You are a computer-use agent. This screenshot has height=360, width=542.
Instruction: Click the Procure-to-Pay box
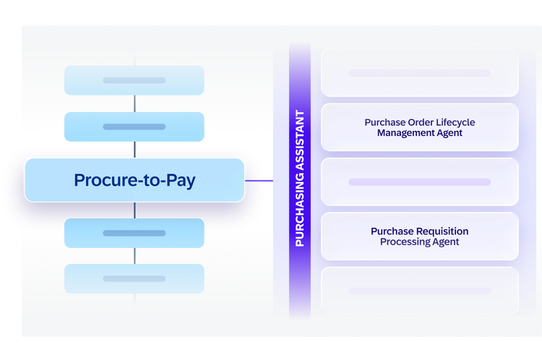(135, 180)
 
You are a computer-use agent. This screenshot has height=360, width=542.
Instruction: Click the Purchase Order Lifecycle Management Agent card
(420, 127)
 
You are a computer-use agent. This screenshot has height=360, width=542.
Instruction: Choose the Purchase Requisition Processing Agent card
(420, 236)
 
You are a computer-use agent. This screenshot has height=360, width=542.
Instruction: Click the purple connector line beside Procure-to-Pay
(259, 181)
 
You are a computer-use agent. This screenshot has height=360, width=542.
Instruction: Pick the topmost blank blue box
(134, 80)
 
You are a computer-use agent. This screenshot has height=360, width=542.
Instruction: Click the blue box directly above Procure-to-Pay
(134, 127)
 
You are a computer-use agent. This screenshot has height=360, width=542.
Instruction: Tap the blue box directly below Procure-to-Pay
(134, 233)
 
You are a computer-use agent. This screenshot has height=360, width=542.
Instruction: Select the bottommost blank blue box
(134, 279)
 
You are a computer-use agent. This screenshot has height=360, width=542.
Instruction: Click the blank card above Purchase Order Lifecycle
(420, 73)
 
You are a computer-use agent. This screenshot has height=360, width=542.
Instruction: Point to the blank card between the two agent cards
(420, 182)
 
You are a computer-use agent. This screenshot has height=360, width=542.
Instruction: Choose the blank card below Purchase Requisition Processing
(420, 291)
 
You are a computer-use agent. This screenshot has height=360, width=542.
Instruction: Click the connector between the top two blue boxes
(135, 104)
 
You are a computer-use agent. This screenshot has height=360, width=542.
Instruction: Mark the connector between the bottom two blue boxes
(135, 256)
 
